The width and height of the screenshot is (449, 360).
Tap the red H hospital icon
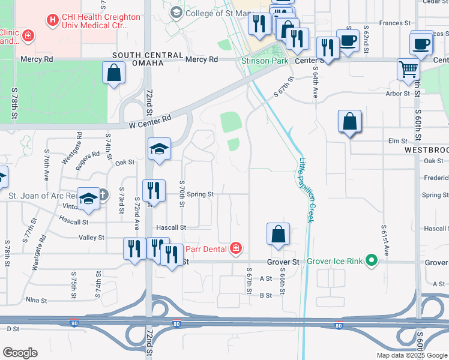pyautogui.click(x=53, y=20)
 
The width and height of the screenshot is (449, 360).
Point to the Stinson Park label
pyautogui.click(x=262, y=61)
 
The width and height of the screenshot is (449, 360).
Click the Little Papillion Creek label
pyautogui.click(x=306, y=190)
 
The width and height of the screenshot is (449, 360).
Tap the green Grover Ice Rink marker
pyautogui.click(x=372, y=261)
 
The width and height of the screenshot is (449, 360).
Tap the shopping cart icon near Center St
pyautogui.click(x=408, y=69)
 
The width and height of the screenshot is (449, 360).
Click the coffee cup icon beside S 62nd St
pyautogui.click(x=348, y=40)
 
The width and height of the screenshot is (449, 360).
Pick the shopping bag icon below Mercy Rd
pyautogui.click(x=113, y=73)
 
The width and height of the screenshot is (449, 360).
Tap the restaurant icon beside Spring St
pyautogui.click(x=153, y=191)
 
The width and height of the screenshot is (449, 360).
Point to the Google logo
pyautogui.click(x=20, y=353)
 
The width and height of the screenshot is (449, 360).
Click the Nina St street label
pyautogui.click(x=36, y=299)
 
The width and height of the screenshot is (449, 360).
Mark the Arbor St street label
pyautogui.click(x=398, y=94)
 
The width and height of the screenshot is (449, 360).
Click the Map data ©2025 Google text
pyautogui.click(x=411, y=355)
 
